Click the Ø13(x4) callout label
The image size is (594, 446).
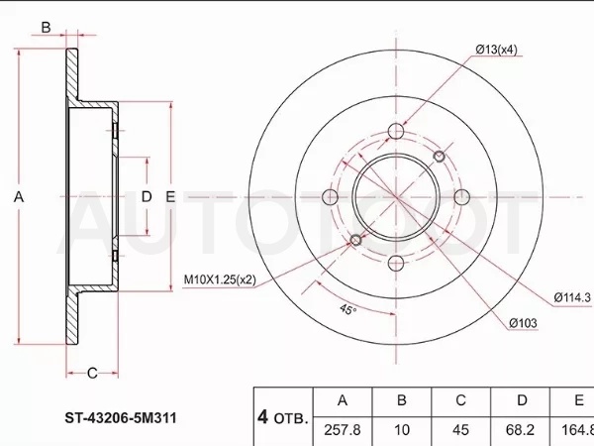[496, 50]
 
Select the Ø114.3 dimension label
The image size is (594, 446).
[572, 297]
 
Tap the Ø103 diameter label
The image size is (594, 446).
[523, 323]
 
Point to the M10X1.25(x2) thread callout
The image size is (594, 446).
[220, 279]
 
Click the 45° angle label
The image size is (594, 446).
[347, 309]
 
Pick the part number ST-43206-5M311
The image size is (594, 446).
[121, 418]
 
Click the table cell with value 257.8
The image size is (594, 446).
[343, 430]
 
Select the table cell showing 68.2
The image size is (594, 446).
[520, 430]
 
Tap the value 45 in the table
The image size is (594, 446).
[460, 430]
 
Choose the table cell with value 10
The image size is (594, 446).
[402, 430]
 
